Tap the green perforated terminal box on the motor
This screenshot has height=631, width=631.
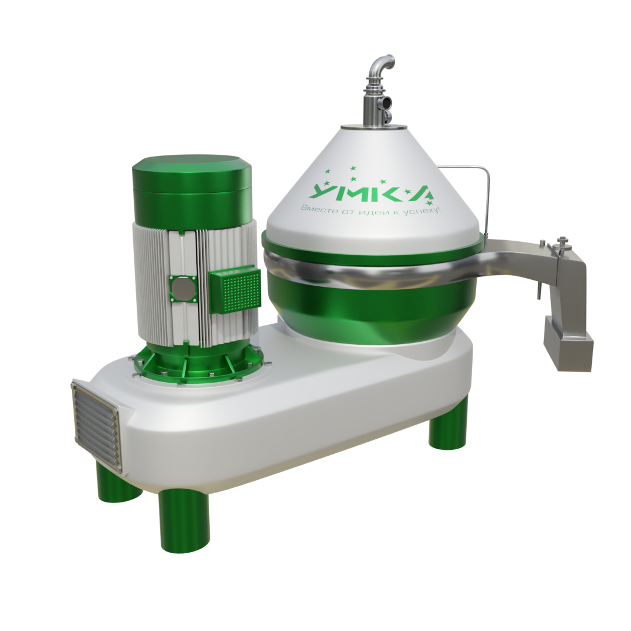click(x=235, y=290)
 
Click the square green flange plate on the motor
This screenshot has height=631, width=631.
click(x=183, y=289)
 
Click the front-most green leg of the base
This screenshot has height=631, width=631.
click(x=184, y=521)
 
